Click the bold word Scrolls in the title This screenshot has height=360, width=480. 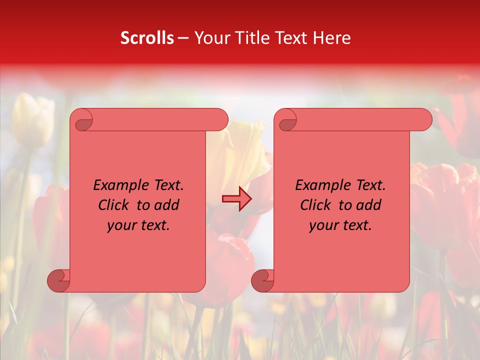147,38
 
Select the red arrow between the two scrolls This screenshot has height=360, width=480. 236,199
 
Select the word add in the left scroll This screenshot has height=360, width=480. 167,205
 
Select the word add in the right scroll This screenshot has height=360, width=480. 369,205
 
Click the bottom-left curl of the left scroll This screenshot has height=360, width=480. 58,280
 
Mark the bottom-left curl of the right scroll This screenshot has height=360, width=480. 262,280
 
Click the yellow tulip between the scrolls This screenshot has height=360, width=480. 240,150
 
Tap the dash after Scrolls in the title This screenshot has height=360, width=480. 183,38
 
